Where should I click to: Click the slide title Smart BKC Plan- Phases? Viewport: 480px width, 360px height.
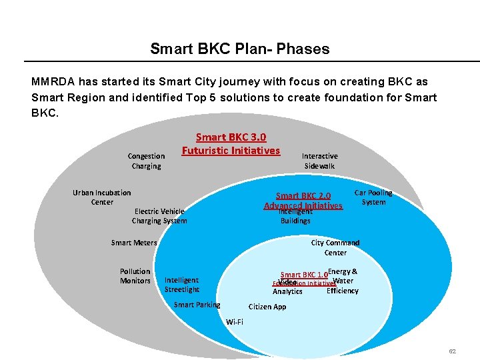pos(239,49)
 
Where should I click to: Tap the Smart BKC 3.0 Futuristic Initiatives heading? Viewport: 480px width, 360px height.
pos(231,144)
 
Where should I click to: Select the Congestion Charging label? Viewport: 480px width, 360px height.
pos(146,161)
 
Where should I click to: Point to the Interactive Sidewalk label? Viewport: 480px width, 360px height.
pos(319,161)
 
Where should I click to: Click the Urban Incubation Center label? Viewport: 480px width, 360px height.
pos(102,197)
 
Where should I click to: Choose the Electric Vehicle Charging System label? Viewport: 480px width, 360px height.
pos(159,216)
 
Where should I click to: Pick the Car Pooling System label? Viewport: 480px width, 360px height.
pos(373,197)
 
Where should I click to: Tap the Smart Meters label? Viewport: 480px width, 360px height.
pos(134,243)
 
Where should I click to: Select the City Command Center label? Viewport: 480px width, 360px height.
pos(335,247)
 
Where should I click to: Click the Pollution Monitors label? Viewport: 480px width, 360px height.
pos(135,276)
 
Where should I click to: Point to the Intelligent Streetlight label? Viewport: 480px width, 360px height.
pos(181,285)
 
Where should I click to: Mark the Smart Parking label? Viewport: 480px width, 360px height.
pos(197,305)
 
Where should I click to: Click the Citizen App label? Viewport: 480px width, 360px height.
pos(267,307)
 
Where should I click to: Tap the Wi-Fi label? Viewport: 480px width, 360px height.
pos(235,322)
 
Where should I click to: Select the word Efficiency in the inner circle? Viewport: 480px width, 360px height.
pos(342,291)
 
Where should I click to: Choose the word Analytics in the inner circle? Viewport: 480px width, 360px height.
pos(287,291)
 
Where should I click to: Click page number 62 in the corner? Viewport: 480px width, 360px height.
pos(452,351)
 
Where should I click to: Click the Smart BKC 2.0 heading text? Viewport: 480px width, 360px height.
pos(303,196)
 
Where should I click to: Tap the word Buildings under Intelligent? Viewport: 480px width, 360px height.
pos(295,221)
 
